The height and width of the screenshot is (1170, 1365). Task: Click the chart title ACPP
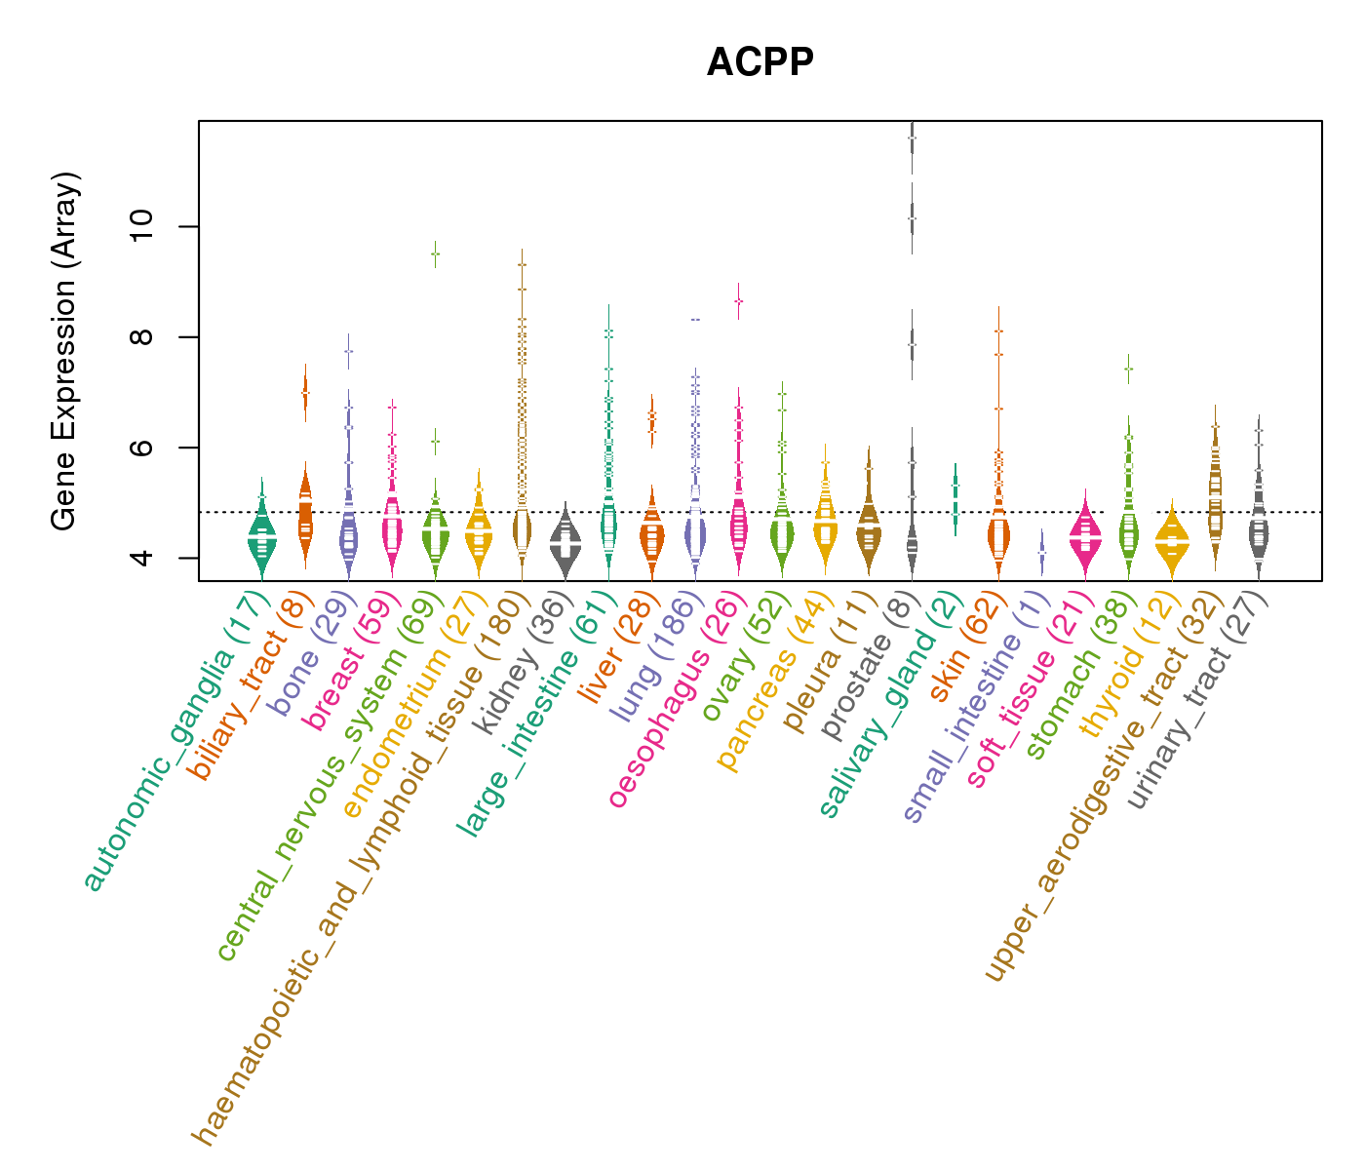(x=760, y=62)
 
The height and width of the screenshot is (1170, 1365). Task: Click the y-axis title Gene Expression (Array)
(x=64, y=351)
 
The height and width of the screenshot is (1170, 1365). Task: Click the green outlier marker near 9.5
(x=435, y=253)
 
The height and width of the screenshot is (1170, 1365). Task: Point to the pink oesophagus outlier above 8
(x=738, y=301)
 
